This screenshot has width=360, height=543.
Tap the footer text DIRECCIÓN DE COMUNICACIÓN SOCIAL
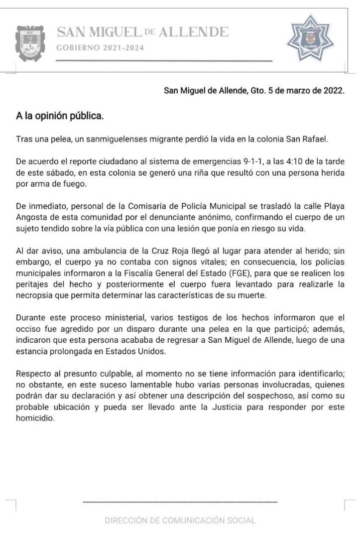pyautogui.click(x=180, y=521)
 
